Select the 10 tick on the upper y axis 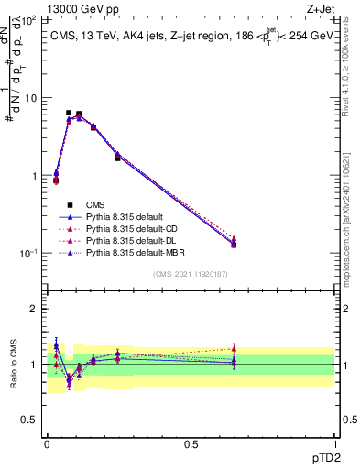[31, 97]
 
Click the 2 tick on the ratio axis [35, 309]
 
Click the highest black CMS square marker [69, 113]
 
